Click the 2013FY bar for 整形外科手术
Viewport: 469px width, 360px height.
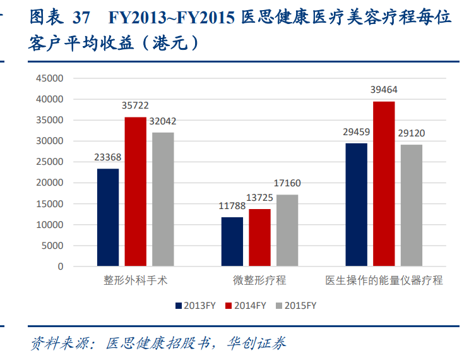point(108,217)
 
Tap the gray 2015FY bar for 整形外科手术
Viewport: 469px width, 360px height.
point(163,199)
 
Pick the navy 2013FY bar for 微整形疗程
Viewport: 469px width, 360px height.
point(232,241)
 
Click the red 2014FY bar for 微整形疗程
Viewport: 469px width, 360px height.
point(259,237)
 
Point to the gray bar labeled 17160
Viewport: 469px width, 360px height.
point(287,230)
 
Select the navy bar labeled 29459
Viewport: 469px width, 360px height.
point(357,205)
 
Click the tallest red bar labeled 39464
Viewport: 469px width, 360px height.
point(384,183)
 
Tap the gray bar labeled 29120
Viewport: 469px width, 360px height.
point(412,205)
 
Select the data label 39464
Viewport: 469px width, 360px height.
point(384,90)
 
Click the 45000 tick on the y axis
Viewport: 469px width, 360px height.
point(50,78)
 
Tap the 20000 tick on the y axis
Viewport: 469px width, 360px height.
point(50,183)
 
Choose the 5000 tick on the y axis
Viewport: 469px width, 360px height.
point(53,246)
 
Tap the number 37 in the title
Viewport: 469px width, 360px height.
point(81,16)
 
